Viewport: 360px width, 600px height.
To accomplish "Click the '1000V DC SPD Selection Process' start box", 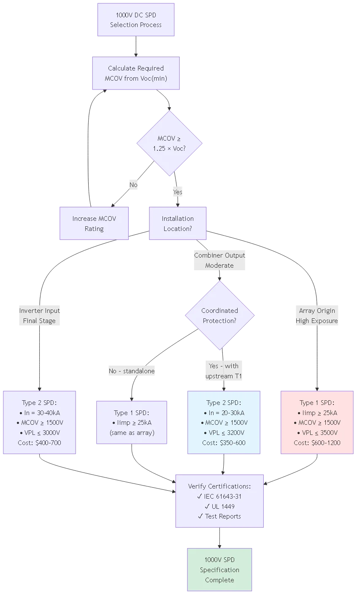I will pyautogui.click(x=135, y=20).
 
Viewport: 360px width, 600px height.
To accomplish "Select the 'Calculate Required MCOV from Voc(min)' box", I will pyautogui.click(x=136, y=73).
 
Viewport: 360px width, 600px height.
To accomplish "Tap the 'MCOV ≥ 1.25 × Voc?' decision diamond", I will pyautogui.click(x=169, y=144).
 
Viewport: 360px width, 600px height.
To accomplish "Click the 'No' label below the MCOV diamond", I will pyautogui.click(x=133, y=185).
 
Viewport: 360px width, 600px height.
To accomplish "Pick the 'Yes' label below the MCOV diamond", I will pyautogui.click(x=178, y=192).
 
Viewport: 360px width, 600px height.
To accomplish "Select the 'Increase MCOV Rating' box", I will pyautogui.click(x=94, y=224).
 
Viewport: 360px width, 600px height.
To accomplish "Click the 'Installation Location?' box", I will pyautogui.click(x=178, y=224).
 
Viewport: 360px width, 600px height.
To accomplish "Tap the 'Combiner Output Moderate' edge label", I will pyautogui.click(x=219, y=260).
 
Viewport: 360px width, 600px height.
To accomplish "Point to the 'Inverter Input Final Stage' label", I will pyautogui.click(x=39, y=316).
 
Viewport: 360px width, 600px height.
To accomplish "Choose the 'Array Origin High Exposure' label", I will pyautogui.click(x=317, y=316).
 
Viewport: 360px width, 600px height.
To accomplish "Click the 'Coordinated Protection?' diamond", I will pyautogui.click(x=219, y=315).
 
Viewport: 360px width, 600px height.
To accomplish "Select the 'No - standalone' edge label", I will pyautogui.click(x=132, y=371).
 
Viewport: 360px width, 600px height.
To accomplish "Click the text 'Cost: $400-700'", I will pyautogui.click(x=40, y=443).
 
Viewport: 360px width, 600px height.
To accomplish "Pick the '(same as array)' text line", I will pyautogui.click(x=132, y=433).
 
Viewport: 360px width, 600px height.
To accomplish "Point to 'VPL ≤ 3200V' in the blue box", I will pyautogui.click(x=224, y=433).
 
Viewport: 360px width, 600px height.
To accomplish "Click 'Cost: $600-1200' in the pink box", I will pyautogui.click(x=317, y=443).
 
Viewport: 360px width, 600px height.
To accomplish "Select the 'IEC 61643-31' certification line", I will pyautogui.click(x=219, y=496).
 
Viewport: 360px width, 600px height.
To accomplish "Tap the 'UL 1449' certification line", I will pyautogui.click(x=219, y=506).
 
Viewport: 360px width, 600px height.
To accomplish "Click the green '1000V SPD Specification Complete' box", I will pyautogui.click(x=219, y=570).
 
